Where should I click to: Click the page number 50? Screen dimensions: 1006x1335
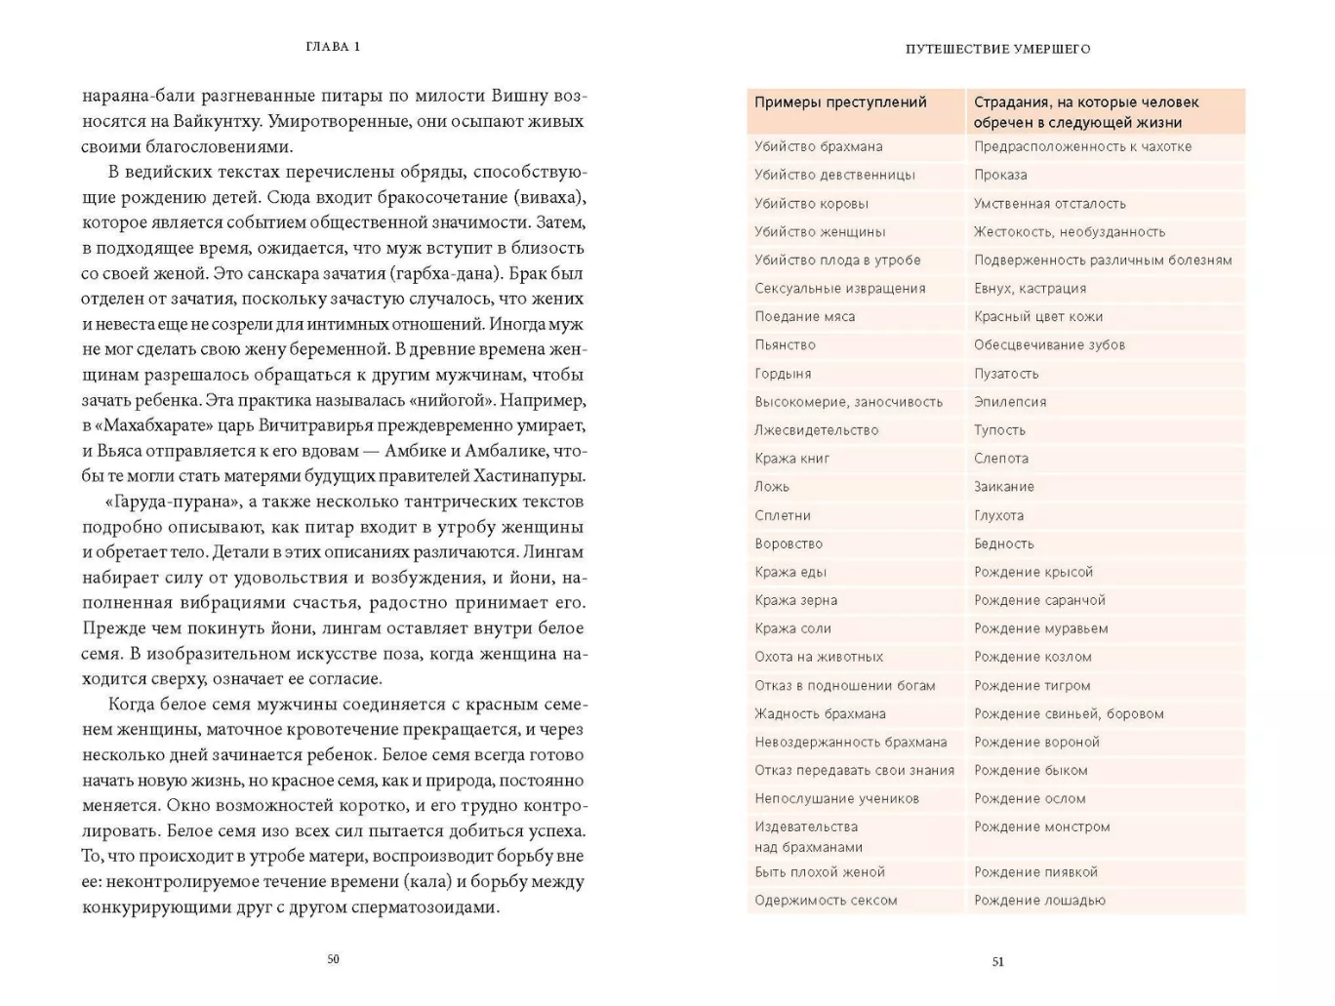[x=333, y=959]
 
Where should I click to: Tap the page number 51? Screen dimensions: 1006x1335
[x=997, y=961]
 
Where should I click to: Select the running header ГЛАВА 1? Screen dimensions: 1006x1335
[x=333, y=47]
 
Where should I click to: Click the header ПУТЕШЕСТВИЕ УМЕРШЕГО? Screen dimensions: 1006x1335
[x=997, y=49]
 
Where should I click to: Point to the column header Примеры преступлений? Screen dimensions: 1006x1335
[x=840, y=102]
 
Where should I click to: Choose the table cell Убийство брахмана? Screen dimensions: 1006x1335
[x=818, y=146]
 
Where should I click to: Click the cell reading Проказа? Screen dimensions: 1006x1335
[x=1000, y=175]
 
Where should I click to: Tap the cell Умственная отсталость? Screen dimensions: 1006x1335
[x=1049, y=203]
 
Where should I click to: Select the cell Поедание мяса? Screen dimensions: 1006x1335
[x=804, y=316]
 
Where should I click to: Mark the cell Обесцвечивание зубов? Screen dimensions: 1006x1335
[x=1049, y=344]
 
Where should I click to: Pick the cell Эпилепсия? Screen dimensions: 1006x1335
[x=1010, y=401]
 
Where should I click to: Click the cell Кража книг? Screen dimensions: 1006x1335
[x=791, y=458]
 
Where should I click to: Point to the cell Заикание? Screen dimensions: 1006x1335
[x=1003, y=486]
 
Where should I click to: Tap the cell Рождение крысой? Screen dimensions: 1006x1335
[x=1032, y=572]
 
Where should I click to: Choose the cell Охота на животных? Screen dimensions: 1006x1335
[x=818, y=657]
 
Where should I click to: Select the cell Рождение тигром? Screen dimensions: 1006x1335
[x=1032, y=685]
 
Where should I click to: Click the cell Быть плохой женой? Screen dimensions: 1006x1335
[x=819, y=871]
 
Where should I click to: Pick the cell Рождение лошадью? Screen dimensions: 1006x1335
[x=1039, y=900]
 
